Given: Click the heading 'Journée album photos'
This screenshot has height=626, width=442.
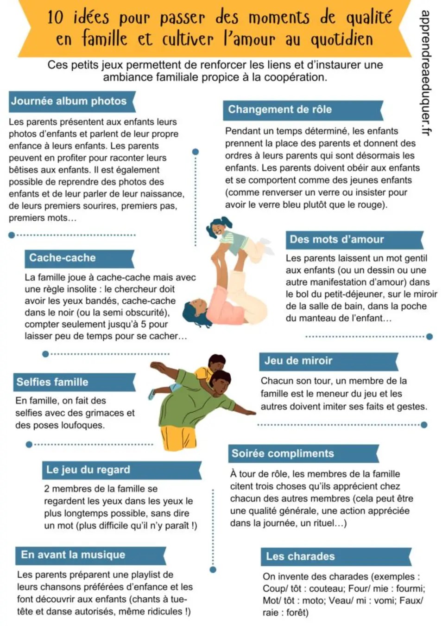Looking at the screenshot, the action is coord(69,101).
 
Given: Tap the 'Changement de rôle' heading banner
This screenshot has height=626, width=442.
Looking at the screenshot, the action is coord(280,109).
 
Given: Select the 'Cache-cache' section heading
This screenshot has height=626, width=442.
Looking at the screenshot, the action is coord(62,258).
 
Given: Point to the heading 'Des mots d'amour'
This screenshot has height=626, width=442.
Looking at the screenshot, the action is coord(337,239).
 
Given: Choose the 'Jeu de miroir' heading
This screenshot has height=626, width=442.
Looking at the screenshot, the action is coord(298,361).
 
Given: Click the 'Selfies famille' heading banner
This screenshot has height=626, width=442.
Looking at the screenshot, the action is coord(52,382).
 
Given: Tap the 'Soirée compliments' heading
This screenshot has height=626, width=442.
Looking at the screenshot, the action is coord(283,454).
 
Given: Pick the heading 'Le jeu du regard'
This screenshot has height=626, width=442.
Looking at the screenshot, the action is coord(88,470).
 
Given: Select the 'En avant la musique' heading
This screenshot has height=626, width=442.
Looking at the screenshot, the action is coord(73,555).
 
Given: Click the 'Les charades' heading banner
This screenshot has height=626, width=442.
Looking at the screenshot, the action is coord(300,556).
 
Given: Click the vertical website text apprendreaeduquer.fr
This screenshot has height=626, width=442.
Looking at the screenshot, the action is coord(425,73).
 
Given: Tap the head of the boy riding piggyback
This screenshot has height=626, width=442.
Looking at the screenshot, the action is coord(217,363).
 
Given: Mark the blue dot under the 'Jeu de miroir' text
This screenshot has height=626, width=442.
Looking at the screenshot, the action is coord(424,425).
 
